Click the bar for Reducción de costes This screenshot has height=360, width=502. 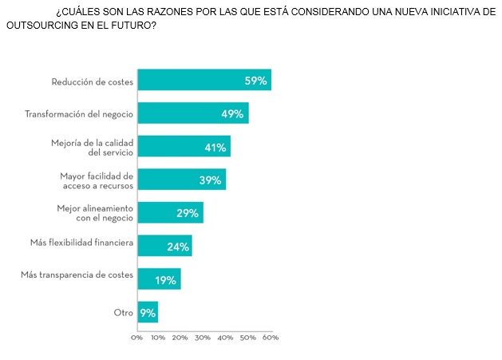tap(204, 81)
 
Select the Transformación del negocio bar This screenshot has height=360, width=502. tap(192, 113)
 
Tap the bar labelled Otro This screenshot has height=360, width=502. tap(148, 312)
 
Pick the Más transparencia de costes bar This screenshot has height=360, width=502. tap(159, 279)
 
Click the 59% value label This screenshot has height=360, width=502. tap(255, 81)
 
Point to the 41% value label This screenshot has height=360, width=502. tap(215, 147)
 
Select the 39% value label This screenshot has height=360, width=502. tap(210, 180)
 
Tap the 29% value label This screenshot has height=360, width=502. tap(188, 213)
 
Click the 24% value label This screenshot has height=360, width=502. tap(177, 247)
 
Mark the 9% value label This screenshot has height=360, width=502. tap(148, 313)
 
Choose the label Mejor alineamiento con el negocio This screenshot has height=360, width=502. tap(95, 212)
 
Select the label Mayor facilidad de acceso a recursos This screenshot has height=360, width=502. tap(97, 180)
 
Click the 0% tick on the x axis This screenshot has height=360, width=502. tap(137, 338)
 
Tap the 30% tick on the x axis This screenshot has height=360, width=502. tap(204, 338)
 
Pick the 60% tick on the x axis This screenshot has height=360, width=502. tap(271, 338)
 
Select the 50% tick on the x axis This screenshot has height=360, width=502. tap(249, 338)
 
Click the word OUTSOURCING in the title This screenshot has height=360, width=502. tap(42, 26)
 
